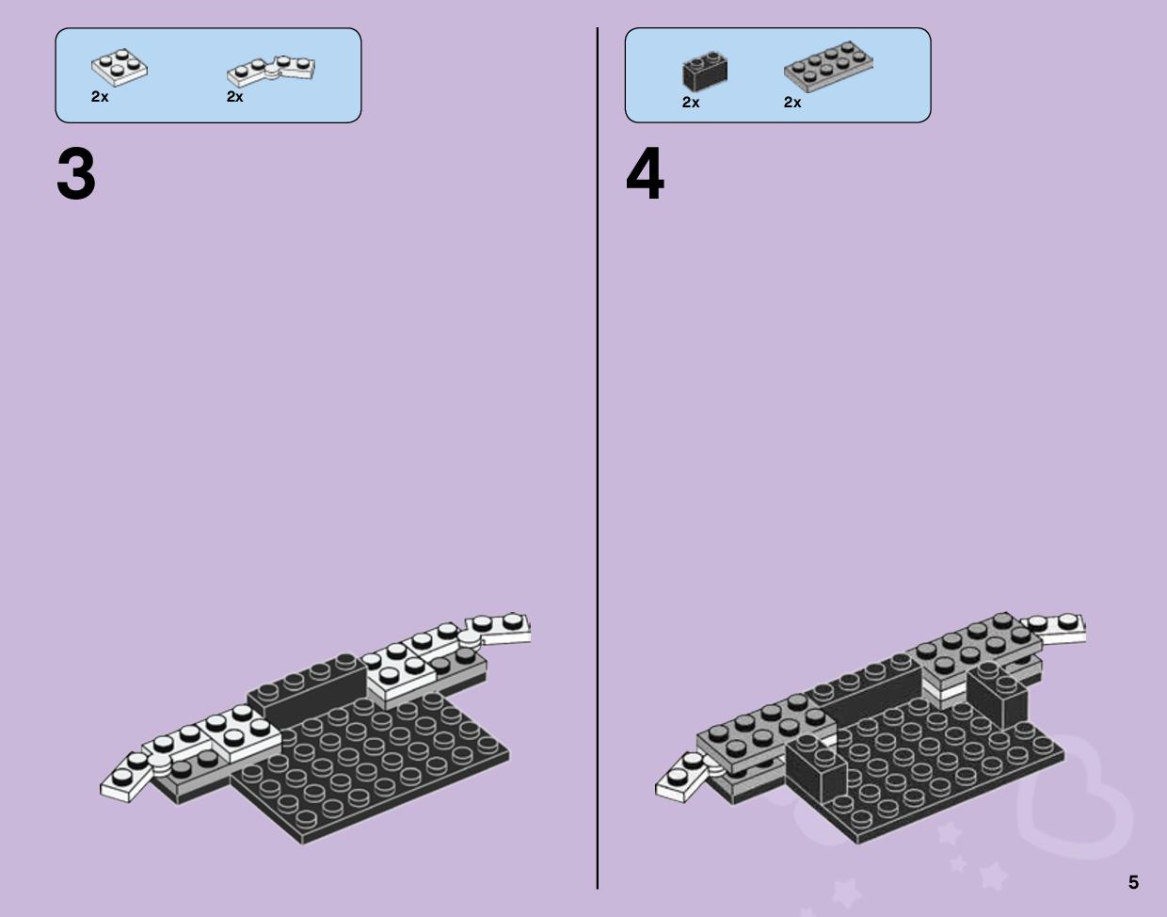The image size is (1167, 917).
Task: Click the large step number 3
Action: click(x=76, y=174)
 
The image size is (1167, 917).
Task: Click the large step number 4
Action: click(x=645, y=173)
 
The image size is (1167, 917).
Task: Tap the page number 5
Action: click(x=1133, y=882)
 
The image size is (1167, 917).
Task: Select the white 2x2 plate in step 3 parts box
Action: click(x=120, y=67)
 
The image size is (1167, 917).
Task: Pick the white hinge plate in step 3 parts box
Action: click(x=271, y=71)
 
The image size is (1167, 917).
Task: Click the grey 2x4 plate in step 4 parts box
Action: click(x=828, y=66)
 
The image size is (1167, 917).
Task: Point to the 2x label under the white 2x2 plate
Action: click(x=100, y=97)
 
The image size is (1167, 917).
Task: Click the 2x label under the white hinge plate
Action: click(x=234, y=97)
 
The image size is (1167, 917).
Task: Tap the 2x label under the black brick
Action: click(x=691, y=102)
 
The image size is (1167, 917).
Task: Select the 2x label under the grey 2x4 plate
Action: click(x=792, y=102)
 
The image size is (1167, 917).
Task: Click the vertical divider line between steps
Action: click(x=598, y=458)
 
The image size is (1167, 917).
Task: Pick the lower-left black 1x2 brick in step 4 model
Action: click(x=815, y=767)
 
